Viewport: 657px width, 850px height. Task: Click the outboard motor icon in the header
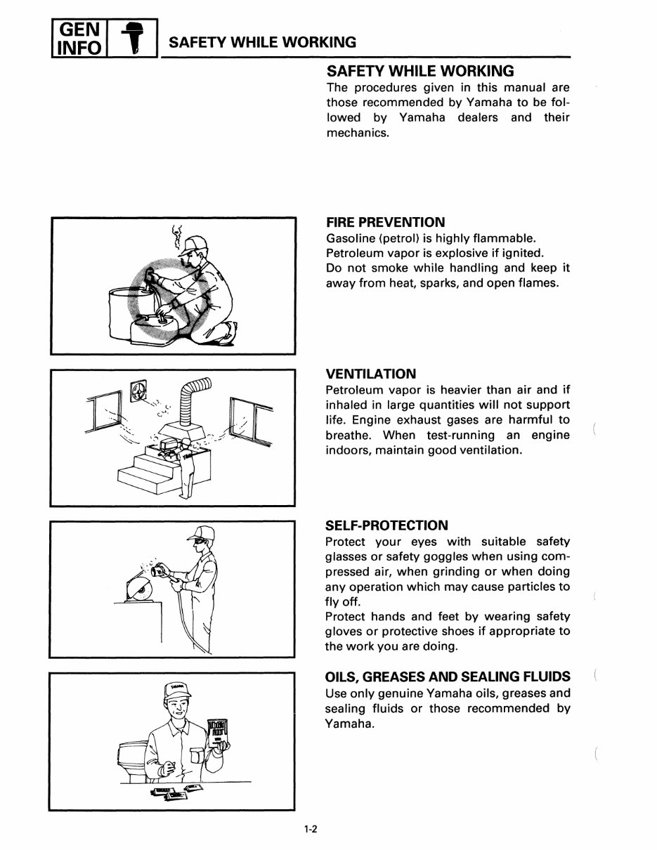pyautogui.click(x=131, y=37)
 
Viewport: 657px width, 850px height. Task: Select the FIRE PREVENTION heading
pyautogui.click(x=386, y=222)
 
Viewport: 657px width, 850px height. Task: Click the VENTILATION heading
pyautogui.click(x=371, y=374)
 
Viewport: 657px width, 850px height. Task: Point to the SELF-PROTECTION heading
pyautogui.click(x=386, y=525)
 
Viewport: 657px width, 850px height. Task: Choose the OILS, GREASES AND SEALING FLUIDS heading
pyautogui.click(x=448, y=677)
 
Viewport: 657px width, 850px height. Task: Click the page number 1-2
pyautogui.click(x=311, y=830)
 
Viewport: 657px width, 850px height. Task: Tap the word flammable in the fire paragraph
pyautogui.click(x=501, y=237)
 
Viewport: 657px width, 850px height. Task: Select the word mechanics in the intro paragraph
pyautogui.click(x=357, y=133)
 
